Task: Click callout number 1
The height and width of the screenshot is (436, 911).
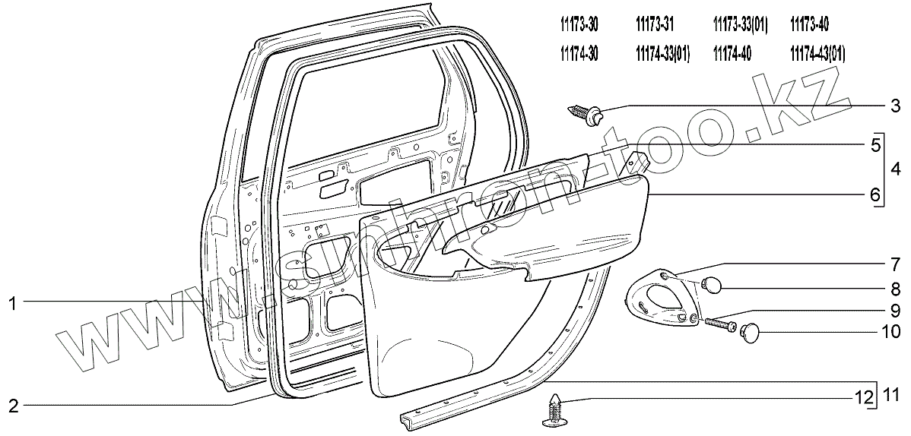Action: point(12,304)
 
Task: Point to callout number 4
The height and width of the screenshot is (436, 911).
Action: point(895,167)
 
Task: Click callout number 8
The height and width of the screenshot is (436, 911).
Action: point(895,289)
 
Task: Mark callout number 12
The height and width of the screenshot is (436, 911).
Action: point(859,395)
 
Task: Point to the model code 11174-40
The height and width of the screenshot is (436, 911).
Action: point(732,54)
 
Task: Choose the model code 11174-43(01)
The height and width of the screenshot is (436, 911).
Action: point(817,54)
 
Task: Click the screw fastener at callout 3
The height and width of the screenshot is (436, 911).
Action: point(589,115)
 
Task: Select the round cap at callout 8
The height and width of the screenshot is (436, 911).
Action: point(712,285)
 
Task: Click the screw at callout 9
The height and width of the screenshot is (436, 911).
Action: point(719,324)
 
